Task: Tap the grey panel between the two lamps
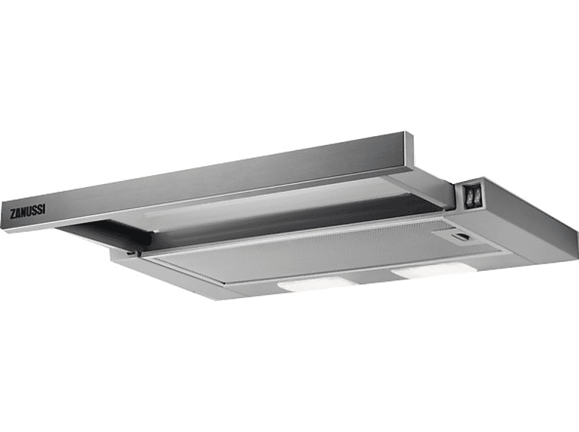click(x=372, y=278)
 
